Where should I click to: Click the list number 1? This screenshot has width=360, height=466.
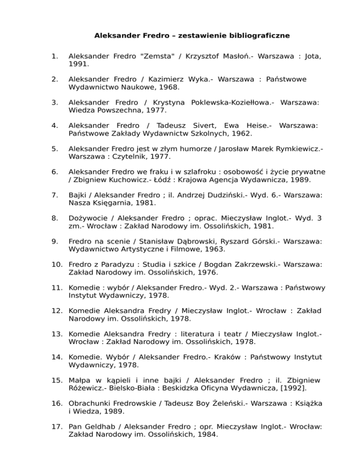click(x=54, y=57)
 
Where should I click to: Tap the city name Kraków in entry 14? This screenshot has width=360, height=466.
click(x=226, y=357)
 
